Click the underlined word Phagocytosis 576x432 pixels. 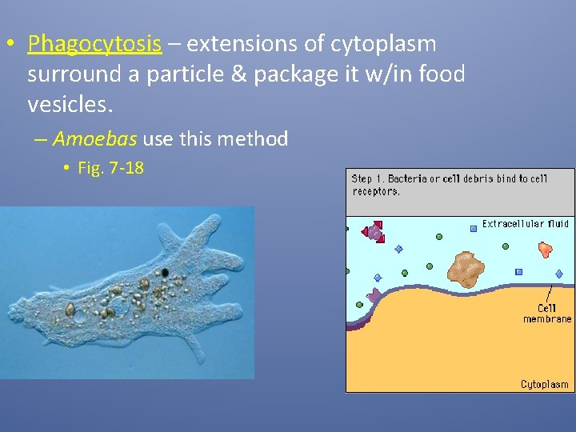point(94,44)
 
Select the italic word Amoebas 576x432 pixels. point(95,139)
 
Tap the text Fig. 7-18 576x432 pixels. point(110,168)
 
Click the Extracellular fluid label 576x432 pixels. point(525,224)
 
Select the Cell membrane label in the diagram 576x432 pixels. point(547,314)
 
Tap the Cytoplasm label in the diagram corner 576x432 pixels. point(544,385)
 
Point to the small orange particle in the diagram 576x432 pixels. point(546,250)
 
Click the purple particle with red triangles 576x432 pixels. point(374,232)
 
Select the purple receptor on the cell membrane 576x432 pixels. point(373,297)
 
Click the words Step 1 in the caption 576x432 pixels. point(370,179)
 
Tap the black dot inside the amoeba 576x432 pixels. point(165,273)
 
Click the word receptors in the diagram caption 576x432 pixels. point(375,192)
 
